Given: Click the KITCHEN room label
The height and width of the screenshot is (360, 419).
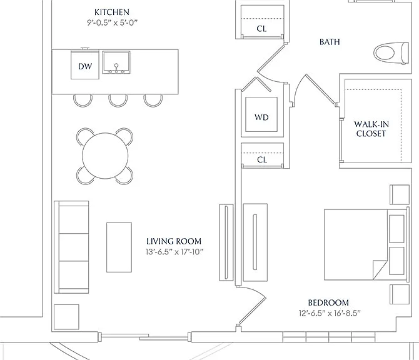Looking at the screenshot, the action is (x=112, y=12).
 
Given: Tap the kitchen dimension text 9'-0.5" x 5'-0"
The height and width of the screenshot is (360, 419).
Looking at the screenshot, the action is (x=112, y=22).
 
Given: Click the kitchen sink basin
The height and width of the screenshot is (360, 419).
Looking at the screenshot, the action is (x=116, y=62).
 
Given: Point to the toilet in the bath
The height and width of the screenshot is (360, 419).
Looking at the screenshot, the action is (x=391, y=53).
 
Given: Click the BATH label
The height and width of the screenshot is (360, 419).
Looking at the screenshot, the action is (x=330, y=42).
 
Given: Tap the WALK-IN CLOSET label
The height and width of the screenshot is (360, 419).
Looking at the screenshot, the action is (x=371, y=129).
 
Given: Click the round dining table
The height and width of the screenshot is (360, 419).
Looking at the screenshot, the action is (x=105, y=156).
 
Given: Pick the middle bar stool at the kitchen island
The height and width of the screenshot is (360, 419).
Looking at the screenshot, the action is (x=118, y=101).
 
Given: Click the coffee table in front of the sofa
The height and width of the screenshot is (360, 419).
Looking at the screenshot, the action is (x=119, y=247).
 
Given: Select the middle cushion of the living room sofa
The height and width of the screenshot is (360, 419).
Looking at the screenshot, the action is (x=74, y=247).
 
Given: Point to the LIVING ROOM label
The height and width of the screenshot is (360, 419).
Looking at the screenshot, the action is (x=174, y=241).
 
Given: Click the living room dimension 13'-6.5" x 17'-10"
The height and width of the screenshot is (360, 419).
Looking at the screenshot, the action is (x=174, y=252).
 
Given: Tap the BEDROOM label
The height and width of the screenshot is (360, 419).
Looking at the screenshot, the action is (x=328, y=302).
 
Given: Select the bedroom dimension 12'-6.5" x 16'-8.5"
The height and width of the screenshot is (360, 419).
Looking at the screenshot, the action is (x=330, y=313).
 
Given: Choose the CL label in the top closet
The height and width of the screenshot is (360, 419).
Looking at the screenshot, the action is (x=261, y=29).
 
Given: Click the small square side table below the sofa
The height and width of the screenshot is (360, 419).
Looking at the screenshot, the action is (x=66, y=317).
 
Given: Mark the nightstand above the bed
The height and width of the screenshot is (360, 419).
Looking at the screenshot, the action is (x=400, y=195).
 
